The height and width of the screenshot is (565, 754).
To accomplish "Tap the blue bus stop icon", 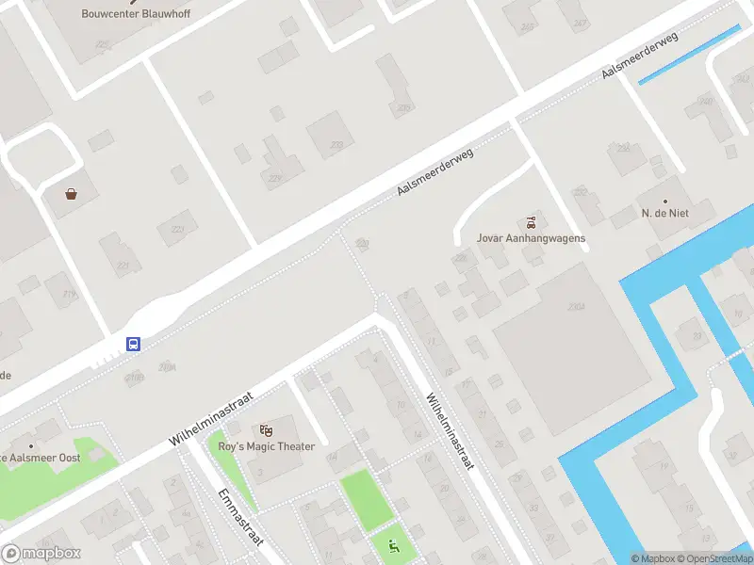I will point(134,344).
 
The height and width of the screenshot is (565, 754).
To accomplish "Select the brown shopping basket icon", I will point(72,194).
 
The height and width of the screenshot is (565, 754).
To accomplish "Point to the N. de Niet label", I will point(665,214).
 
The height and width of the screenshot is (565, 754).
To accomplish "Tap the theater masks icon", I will point(265,430).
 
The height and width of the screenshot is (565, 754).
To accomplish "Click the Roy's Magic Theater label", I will point(266,446).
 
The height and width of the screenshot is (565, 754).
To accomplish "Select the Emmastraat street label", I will point(240,518).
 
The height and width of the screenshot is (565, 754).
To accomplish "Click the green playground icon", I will point(393,545).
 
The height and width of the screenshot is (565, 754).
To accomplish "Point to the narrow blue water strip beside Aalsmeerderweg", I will point(689,55).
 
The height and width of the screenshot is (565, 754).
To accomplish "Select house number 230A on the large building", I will point(577,307).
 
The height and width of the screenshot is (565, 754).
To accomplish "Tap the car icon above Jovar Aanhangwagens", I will point(532,222).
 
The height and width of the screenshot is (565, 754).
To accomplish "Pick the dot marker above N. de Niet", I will point(665,201).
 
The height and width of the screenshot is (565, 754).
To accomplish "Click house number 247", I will point(581,23).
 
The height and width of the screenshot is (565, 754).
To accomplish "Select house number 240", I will point(705,101).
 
